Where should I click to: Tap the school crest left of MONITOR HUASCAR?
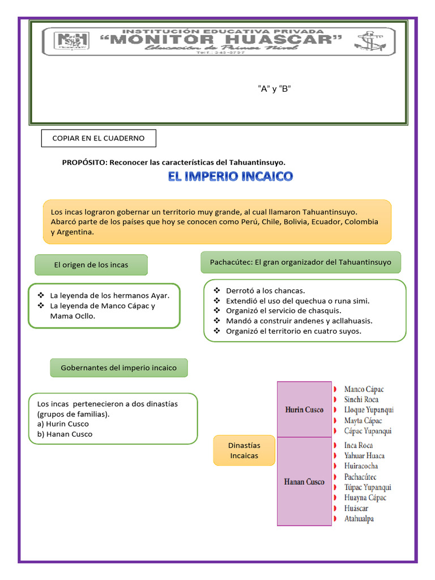[71, 41]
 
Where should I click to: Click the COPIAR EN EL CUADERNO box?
[98, 138]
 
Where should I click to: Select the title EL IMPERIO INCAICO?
[231, 177]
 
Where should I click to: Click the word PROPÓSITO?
[84, 163]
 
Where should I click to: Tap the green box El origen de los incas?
[91, 265]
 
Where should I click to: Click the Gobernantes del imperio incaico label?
[119, 368]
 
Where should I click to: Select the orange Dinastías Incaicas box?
[244, 450]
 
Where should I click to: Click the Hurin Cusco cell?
[304, 410]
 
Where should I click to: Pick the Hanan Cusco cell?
[304, 482]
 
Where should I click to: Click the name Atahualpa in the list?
[359, 518]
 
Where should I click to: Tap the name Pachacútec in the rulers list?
[360, 477]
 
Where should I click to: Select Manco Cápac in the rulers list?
[364, 389]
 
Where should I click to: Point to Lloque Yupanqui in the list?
[369, 410]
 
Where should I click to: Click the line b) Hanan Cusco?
[65, 434]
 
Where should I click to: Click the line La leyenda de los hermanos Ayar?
[110, 295]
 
